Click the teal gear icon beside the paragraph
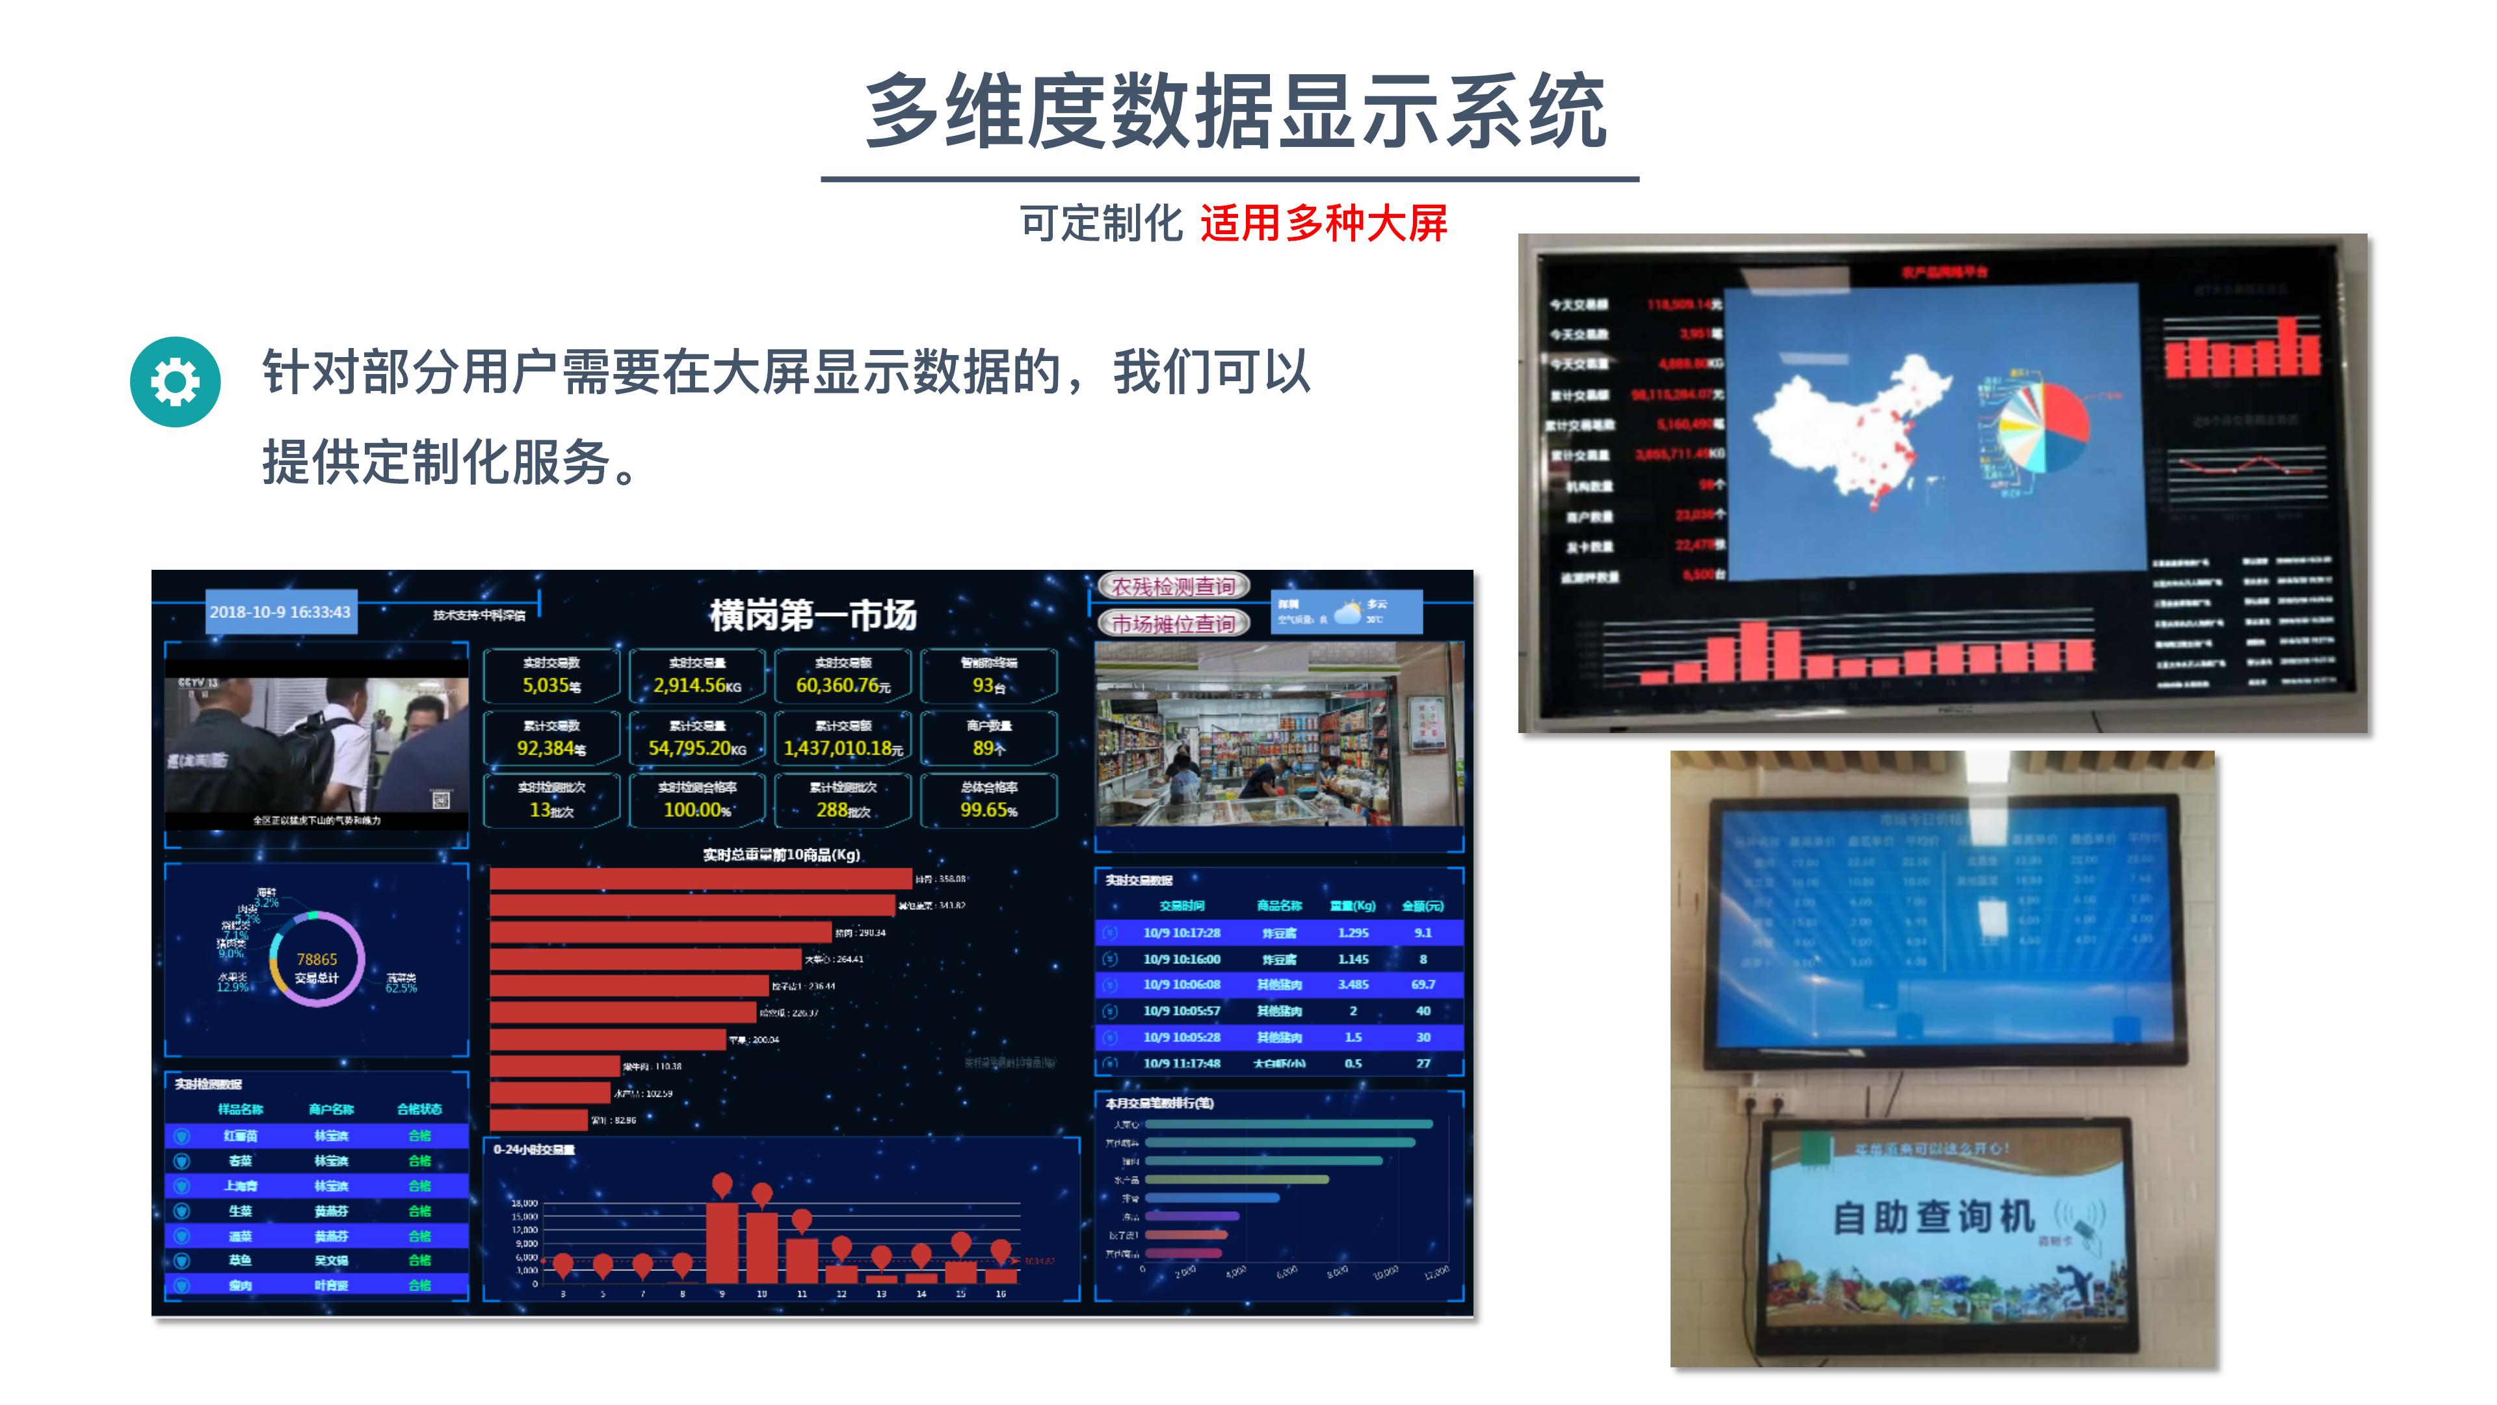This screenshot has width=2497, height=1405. click(176, 381)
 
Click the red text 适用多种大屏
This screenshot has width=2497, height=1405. click(1323, 224)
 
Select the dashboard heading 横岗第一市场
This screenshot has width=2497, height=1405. click(812, 615)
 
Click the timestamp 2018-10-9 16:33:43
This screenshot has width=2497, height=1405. click(280, 612)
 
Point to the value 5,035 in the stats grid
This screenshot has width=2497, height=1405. click(546, 686)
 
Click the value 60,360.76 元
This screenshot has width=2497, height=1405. click(841, 686)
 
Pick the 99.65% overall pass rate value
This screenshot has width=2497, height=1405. click(988, 810)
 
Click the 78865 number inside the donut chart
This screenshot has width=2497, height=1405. click(317, 959)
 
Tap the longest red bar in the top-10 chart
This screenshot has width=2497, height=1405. click(700, 879)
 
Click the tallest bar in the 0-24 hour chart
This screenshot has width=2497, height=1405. click(722, 1242)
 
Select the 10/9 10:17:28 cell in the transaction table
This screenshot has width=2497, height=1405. click(1181, 933)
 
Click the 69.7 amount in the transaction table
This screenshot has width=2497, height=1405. click(1422, 984)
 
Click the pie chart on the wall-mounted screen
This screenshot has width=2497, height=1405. click(2043, 427)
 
